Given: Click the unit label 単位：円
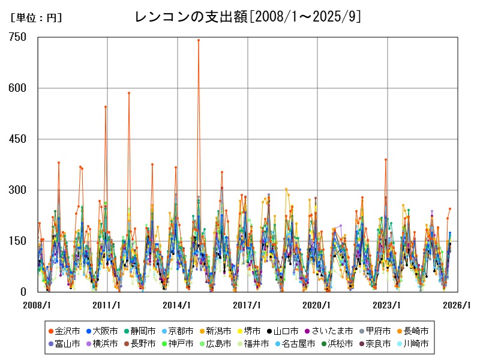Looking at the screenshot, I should tap(36, 19).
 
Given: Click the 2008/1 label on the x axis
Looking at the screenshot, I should tap(37, 305).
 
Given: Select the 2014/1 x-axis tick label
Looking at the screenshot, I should tap(178, 305).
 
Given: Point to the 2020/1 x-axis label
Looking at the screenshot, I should tap(317, 305).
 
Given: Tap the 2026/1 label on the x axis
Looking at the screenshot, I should tap(457, 305).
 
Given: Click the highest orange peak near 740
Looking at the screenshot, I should tap(199, 40).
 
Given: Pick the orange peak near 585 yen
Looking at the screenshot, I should tap(129, 93).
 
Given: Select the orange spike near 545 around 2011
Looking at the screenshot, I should tap(106, 107).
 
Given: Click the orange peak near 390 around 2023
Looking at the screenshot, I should tap(386, 160).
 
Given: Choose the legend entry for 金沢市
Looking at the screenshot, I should tap(62, 331).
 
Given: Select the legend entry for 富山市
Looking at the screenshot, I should tap(62, 344).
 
